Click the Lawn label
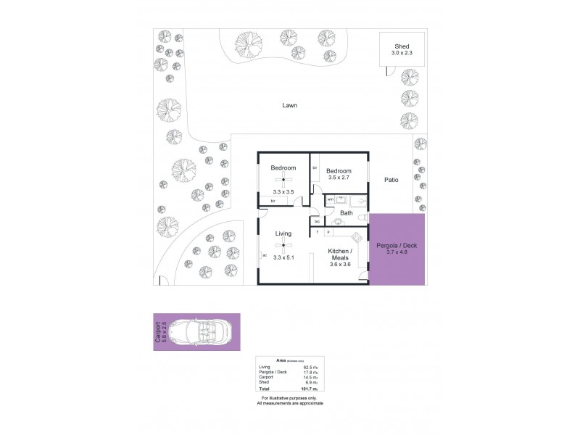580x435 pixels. tap(289, 105)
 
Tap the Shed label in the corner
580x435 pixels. tap(401, 45)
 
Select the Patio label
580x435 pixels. tap(393, 182)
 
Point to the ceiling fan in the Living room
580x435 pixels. tap(283, 246)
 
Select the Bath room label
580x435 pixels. tap(347, 213)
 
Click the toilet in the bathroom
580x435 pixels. tap(338, 222)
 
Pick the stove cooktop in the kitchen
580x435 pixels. tap(357, 237)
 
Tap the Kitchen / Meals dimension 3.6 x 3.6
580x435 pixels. tap(341, 265)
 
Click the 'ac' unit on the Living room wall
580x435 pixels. tap(265, 256)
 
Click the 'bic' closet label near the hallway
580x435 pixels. tap(316, 221)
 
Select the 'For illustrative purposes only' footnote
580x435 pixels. tap(289, 398)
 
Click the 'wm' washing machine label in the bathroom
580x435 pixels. tap(331, 199)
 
